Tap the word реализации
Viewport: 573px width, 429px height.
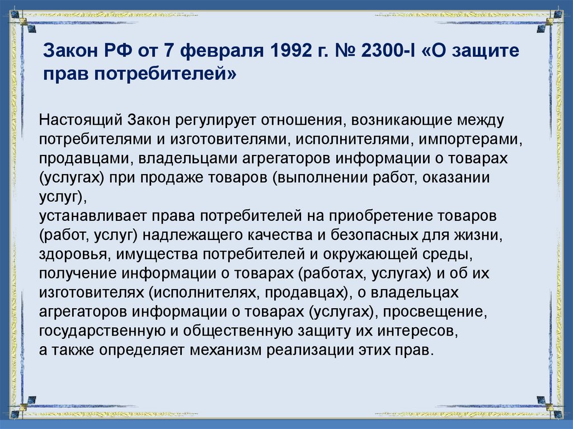[x=303, y=351]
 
